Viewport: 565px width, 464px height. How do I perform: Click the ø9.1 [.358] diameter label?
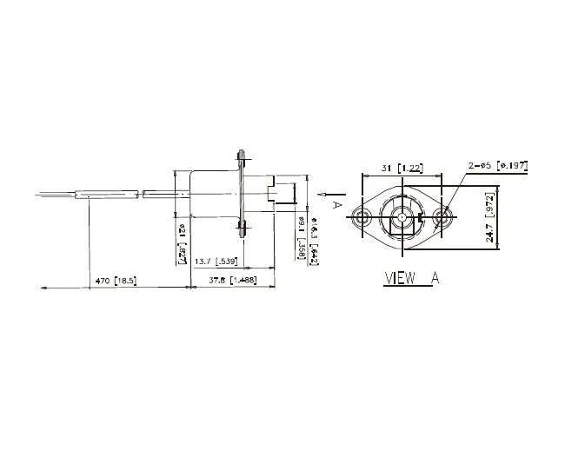pyautogui.click(x=301, y=233)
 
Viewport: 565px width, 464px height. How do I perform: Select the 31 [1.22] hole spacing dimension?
pyautogui.click(x=401, y=168)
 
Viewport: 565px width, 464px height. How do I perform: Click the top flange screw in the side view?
pyautogui.click(x=243, y=159)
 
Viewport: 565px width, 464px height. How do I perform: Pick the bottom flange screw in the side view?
pyautogui.click(x=243, y=229)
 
